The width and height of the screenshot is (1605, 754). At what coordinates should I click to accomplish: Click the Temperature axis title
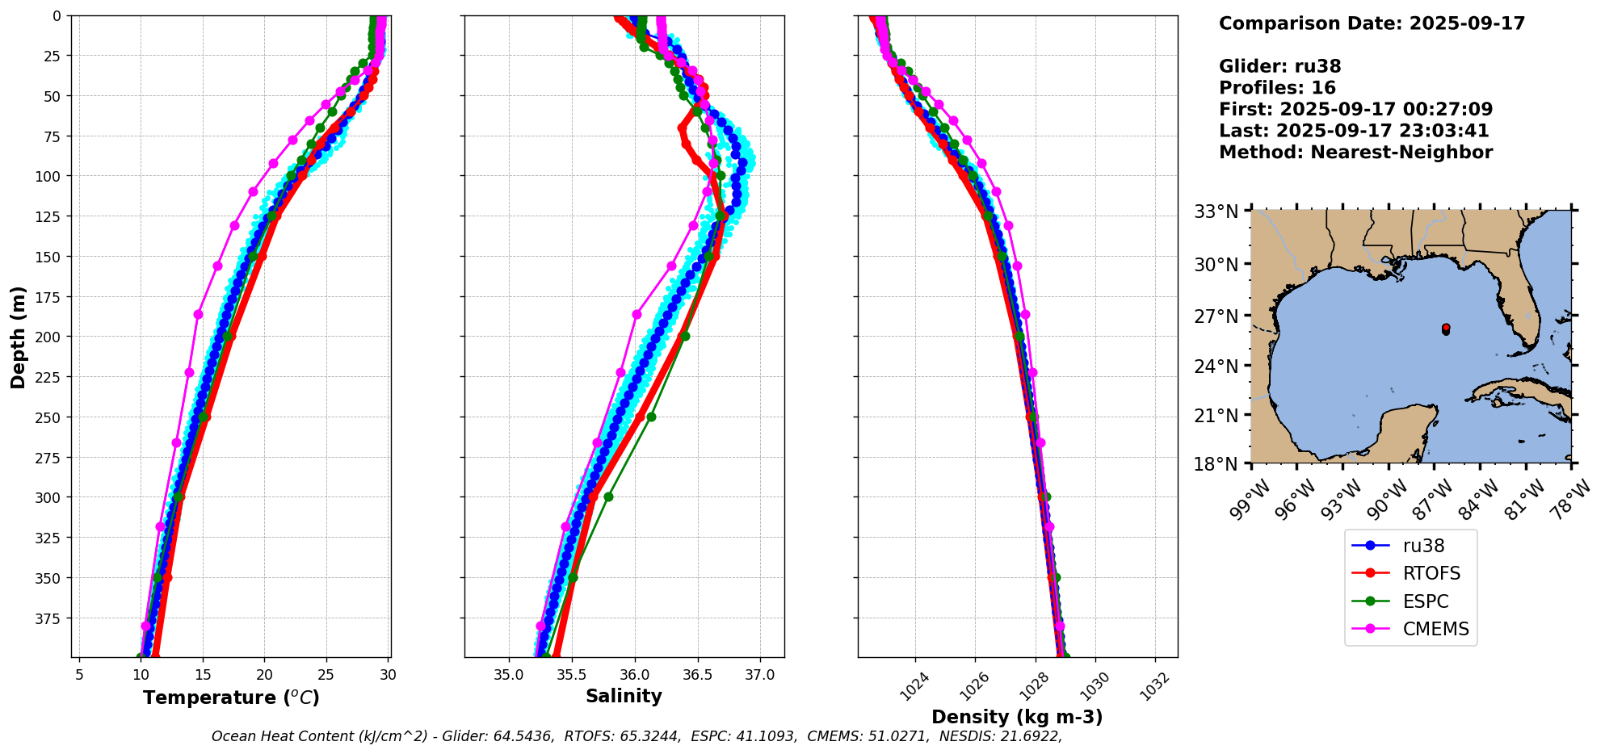231,697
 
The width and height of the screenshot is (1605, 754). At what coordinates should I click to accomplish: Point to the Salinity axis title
624,696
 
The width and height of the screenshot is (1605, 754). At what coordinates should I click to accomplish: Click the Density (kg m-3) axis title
1017,717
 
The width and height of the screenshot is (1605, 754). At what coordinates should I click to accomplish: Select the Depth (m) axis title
19,337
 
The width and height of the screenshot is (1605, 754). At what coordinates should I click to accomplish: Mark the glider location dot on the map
1445,329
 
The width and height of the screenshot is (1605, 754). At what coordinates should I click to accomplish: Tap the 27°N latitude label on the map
1216,316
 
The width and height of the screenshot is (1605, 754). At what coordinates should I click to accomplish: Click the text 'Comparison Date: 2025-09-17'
1372,23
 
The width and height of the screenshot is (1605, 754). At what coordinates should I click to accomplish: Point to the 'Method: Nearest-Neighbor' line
1355,153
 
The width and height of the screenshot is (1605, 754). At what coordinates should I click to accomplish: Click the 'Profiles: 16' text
1277,88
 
